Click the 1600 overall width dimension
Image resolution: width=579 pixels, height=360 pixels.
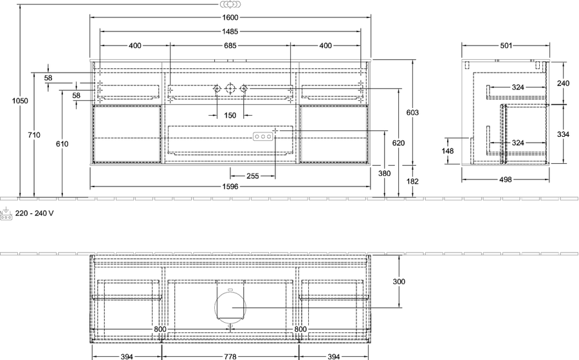[x=230, y=17]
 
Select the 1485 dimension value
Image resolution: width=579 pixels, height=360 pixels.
[x=230, y=32]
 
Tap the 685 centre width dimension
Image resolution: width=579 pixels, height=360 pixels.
[x=230, y=46]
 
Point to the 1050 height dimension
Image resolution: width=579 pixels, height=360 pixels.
[x=20, y=101]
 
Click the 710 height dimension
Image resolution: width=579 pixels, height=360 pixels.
[x=34, y=135]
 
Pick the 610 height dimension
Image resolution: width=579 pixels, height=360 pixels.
[x=62, y=144]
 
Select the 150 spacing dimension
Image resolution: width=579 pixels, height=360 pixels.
[x=230, y=116]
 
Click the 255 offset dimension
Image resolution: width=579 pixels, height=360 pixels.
[x=253, y=176]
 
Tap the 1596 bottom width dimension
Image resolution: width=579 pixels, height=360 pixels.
[x=230, y=186]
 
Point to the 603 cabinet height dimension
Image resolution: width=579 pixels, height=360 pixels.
[x=412, y=113]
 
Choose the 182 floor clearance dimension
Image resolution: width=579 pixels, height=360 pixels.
[x=412, y=181]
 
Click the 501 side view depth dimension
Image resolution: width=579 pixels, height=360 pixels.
[x=506, y=46]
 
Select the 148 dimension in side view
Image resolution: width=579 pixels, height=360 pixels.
[x=448, y=151]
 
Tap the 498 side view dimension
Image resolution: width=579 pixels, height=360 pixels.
[x=506, y=179]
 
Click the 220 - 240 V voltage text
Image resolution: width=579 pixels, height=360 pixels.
[x=34, y=213]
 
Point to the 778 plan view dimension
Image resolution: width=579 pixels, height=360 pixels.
[x=230, y=357]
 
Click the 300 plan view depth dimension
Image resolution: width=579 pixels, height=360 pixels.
[x=399, y=282]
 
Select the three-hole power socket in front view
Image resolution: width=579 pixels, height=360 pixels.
[x=263, y=137]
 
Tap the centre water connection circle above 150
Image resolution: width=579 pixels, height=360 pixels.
[x=230, y=89]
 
